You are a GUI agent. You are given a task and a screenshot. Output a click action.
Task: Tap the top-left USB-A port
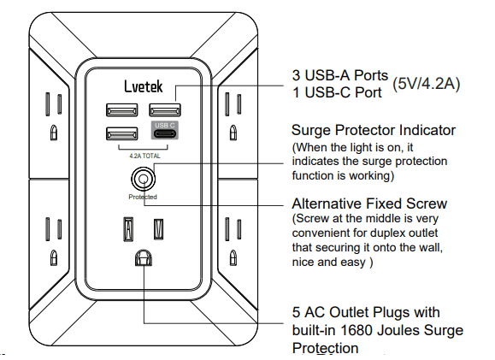(118, 109)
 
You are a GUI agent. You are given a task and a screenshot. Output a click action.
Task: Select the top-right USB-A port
(164, 109)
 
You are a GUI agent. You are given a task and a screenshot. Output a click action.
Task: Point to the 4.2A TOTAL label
(140, 156)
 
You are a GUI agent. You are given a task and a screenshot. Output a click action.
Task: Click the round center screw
(142, 180)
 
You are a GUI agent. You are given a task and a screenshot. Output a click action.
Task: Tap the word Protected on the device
(142, 197)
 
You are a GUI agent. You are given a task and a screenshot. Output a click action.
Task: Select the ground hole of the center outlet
(142, 257)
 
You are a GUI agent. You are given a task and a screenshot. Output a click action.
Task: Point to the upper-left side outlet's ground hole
(54, 133)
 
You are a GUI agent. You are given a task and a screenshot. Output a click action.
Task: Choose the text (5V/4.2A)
(427, 83)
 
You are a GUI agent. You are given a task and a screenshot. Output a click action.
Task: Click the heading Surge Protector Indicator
(374, 131)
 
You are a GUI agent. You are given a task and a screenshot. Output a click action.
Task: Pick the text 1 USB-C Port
(336, 92)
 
